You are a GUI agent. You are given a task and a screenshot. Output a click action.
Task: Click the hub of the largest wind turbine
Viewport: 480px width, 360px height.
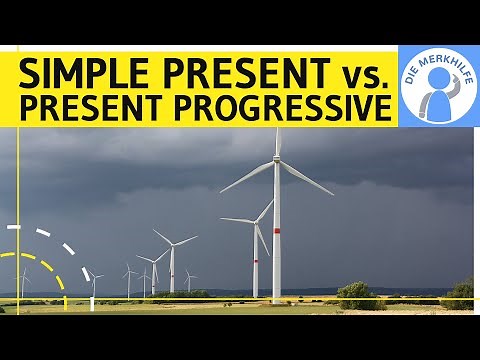(x=277, y=160)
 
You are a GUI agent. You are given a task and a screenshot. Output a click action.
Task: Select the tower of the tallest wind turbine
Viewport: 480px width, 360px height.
(x=277, y=240)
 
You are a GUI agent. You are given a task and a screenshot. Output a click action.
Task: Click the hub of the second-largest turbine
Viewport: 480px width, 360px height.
(x=256, y=221)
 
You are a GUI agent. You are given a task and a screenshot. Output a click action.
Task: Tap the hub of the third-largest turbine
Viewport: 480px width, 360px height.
(x=171, y=245)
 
